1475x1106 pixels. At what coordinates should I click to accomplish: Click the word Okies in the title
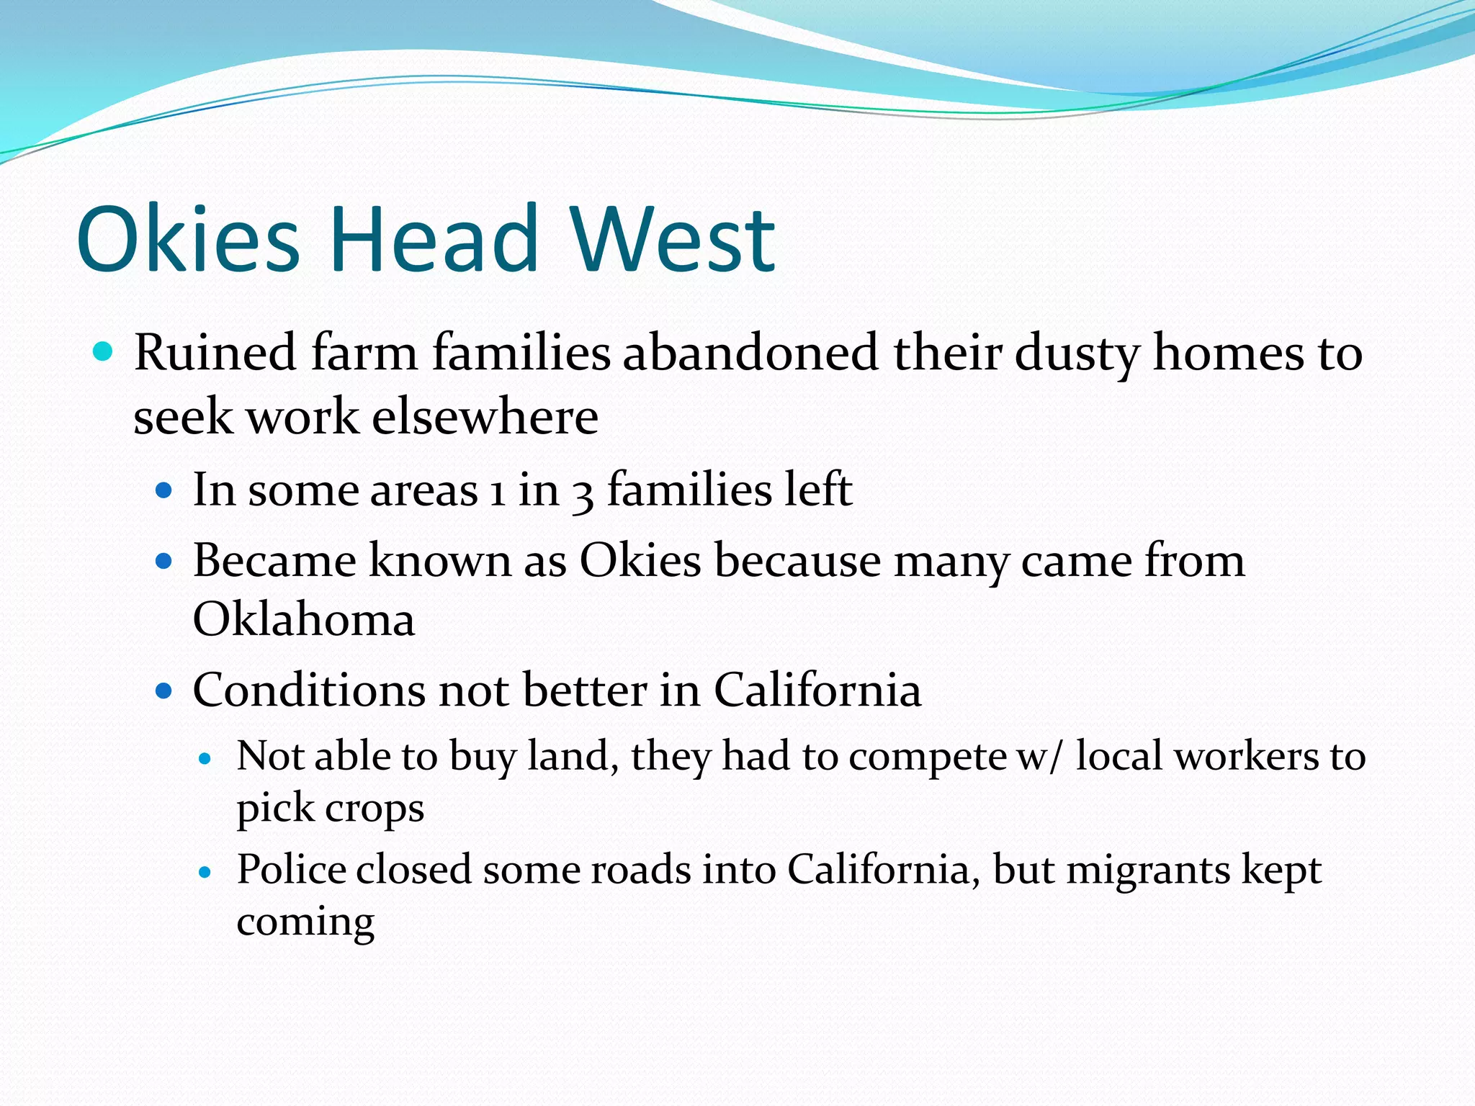pyautogui.click(x=187, y=240)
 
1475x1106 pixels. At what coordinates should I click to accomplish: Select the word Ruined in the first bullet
pyautogui.click(x=215, y=353)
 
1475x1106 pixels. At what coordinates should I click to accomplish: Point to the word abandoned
pyautogui.click(x=750, y=353)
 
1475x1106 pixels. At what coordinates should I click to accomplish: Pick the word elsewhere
pyautogui.click(x=485, y=417)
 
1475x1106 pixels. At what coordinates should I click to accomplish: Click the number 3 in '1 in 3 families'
pyautogui.click(x=583, y=493)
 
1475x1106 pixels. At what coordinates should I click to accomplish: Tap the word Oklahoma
pyautogui.click(x=303, y=619)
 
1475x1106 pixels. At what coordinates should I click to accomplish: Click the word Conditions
pyautogui.click(x=309, y=690)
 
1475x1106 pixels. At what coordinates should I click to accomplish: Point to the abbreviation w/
pyautogui.click(x=1038, y=756)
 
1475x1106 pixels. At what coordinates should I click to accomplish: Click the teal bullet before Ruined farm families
pyautogui.click(x=104, y=352)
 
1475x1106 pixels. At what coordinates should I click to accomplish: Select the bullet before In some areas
pyautogui.click(x=164, y=491)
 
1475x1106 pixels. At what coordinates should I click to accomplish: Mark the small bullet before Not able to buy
pyautogui.click(x=206, y=758)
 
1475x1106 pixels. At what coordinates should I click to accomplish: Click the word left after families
pyautogui.click(x=817, y=490)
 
